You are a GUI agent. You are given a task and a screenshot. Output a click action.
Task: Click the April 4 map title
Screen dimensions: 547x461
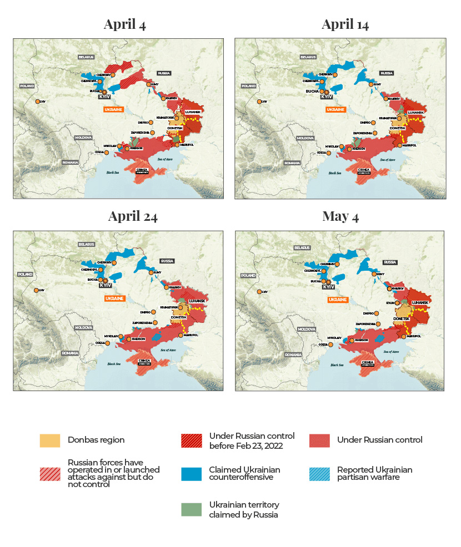[124, 24]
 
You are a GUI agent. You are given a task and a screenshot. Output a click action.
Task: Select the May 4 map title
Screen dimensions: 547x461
[340, 216]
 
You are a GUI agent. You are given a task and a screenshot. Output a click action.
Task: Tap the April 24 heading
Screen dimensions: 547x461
[133, 216]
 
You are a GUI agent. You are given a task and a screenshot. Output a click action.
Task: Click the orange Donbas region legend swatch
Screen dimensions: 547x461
[50, 440]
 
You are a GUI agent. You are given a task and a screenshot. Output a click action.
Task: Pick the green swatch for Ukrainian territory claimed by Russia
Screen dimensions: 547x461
[191, 510]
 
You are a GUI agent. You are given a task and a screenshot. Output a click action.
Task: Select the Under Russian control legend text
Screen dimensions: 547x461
[379, 440]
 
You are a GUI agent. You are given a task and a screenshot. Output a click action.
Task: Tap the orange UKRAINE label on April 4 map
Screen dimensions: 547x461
[115, 110]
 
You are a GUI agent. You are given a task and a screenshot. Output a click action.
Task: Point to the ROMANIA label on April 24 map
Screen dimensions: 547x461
[70, 353]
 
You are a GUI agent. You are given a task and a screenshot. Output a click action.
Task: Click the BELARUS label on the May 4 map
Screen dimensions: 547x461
[302, 247]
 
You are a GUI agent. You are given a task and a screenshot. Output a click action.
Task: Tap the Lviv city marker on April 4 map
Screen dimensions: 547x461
[37, 102]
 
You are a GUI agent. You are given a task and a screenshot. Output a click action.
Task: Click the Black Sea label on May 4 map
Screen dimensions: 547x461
[337, 364]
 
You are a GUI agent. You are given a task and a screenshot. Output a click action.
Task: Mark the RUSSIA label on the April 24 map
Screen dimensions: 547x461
[167, 261]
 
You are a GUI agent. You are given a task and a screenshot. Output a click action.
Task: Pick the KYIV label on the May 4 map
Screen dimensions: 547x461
[328, 287]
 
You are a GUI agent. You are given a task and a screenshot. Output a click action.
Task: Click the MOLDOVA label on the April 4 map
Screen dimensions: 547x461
[83, 137]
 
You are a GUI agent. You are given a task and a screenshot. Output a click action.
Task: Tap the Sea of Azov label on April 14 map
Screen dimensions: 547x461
[387, 159]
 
